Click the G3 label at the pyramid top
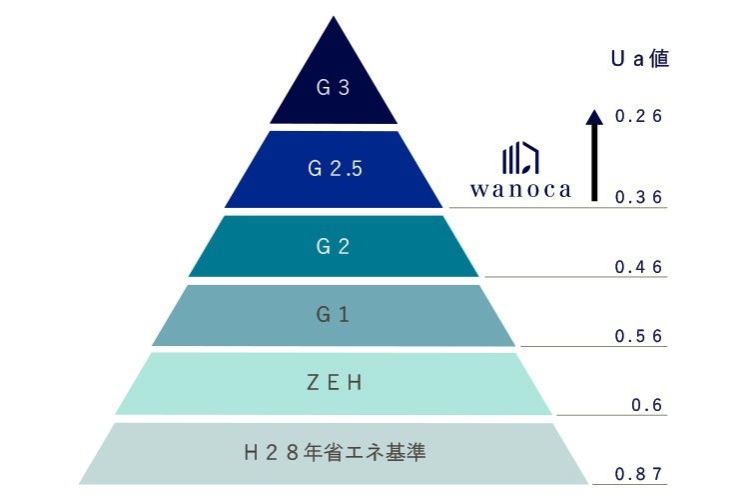pos(333,88)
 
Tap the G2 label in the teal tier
pos(333,246)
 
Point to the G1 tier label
pos(333,315)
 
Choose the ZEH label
pos(333,383)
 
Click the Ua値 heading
pos(639,58)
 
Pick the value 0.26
pos(639,117)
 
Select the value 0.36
pos(639,197)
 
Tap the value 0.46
pos(639,267)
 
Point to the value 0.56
pos(639,336)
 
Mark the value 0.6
pos(648,405)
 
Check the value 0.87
pos(639,474)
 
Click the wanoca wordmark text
pos(520,189)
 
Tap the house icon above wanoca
pos(520,158)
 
